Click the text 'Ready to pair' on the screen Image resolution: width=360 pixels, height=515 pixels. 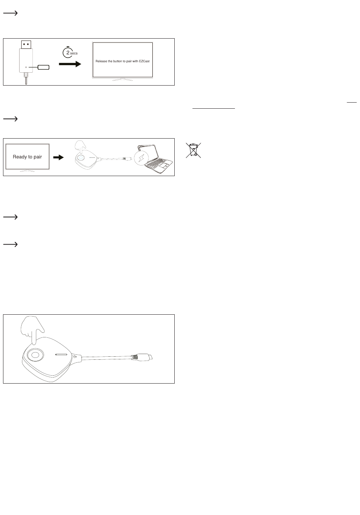click(27, 157)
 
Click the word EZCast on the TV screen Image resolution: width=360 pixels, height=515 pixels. click(144, 61)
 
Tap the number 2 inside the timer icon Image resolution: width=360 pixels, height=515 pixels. click(68, 52)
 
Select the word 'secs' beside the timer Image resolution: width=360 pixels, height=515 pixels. click(74, 53)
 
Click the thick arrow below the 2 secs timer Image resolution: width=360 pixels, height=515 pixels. click(70, 64)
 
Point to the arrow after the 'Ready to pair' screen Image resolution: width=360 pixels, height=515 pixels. click(58, 157)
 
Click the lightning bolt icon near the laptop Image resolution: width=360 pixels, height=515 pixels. click(141, 158)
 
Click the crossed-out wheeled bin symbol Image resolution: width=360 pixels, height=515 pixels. click(194, 150)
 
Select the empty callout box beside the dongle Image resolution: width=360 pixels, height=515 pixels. click(43, 67)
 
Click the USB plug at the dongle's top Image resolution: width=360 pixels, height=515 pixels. click(26, 45)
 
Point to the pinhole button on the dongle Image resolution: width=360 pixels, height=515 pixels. click(26, 67)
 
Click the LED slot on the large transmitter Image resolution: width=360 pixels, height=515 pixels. click(61, 354)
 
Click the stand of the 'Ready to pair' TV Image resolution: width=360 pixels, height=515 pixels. click(27, 171)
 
